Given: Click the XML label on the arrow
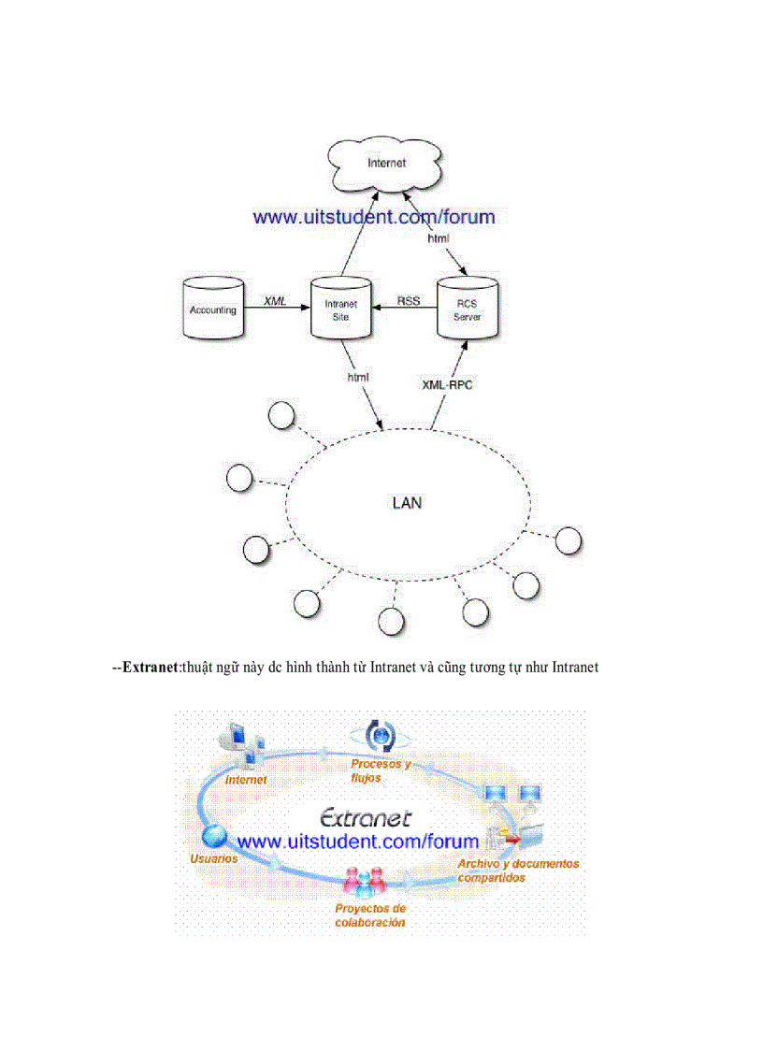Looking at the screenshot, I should click(275, 300).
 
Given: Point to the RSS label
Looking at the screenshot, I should click(409, 300).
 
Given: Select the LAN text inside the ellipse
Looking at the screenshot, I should click(406, 503).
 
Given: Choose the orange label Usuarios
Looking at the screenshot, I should click(214, 857).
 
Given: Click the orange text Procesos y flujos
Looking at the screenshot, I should click(381, 770).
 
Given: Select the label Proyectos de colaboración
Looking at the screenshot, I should click(370, 914).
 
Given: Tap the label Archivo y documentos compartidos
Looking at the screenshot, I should click(518, 870).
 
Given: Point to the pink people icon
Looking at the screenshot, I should click(365, 882).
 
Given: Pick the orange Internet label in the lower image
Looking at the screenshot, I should click(246, 779).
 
